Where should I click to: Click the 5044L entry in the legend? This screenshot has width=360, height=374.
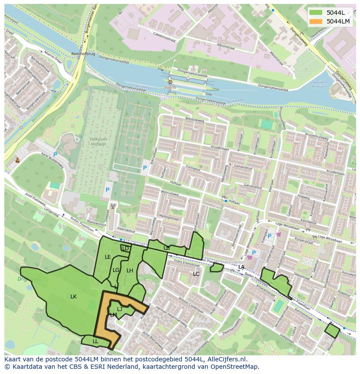point(335,13)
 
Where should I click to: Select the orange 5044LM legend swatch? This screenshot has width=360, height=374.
point(316,21)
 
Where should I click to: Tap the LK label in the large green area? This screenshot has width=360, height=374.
point(73,297)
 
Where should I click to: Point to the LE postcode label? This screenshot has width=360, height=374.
point(108,257)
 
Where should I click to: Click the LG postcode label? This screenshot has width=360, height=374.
point(116,270)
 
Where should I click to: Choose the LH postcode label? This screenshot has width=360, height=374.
point(130,271)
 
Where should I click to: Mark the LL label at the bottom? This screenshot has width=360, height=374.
point(95,341)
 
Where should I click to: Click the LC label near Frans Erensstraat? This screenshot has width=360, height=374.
point(196,274)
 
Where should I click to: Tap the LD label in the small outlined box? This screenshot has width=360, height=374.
point(126,248)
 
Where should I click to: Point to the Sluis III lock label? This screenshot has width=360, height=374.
point(170,87)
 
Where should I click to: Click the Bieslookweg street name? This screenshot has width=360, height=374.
point(194,119)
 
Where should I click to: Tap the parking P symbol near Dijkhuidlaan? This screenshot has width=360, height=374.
point(145,168)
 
